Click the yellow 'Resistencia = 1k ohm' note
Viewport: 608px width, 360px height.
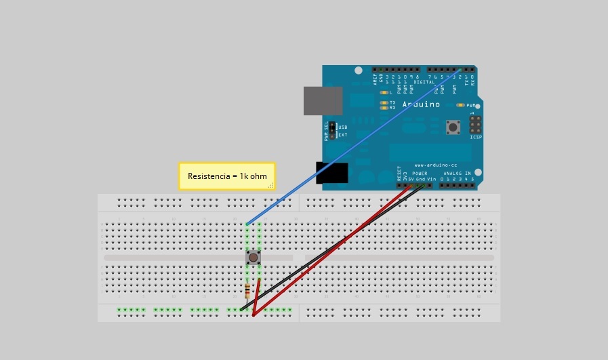[x=226, y=176]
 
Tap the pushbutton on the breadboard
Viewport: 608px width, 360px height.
[x=253, y=258]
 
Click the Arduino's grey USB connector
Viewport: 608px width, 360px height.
[x=323, y=100]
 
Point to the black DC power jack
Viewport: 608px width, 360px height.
[x=331, y=173]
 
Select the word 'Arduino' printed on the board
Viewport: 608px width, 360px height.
[x=421, y=104]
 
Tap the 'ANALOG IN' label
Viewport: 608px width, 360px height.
[x=459, y=174]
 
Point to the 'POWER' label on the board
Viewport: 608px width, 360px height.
[x=420, y=174]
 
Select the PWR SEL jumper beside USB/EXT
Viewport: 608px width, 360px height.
[x=333, y=131]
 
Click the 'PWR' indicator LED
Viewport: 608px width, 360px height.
[x=461, y=105]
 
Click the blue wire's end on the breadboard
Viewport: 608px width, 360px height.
[x=247, y=224]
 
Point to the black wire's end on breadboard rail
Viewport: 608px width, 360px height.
[x=241, y=310]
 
